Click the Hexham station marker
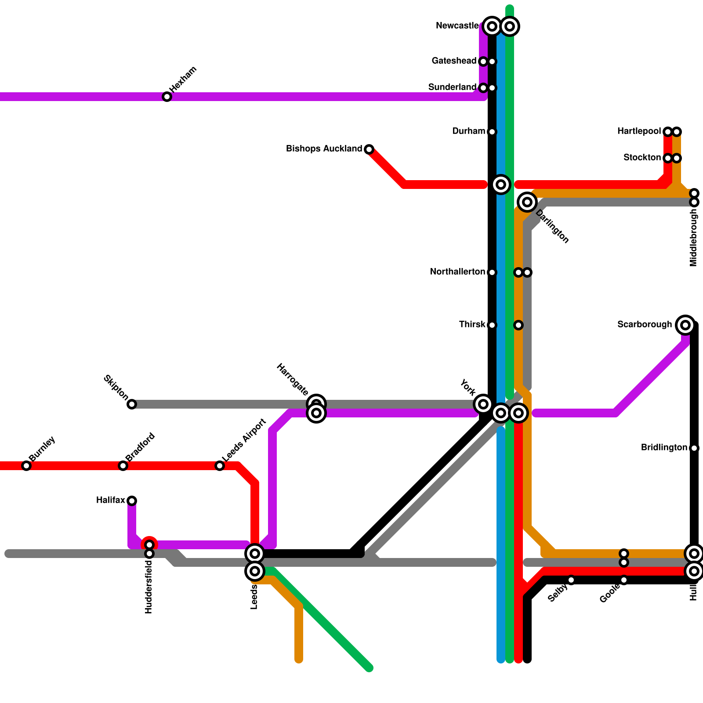point(167,97)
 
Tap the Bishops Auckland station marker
point(369,149)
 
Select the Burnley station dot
point(26,466)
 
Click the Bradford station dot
point(123,466)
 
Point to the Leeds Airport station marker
point(220,466)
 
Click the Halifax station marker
point(132,500)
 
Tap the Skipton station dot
point(132,404)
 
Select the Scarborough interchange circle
point(685,325)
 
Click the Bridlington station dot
point(694,448)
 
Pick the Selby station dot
point(571,580)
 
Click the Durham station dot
point(492,132)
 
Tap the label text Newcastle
point(457,26)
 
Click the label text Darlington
point(552,227)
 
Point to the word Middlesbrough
point(694,237)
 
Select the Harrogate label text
point(293,379)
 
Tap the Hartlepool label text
point(639,131)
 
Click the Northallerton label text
point(457,272)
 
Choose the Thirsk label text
point(472,325)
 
